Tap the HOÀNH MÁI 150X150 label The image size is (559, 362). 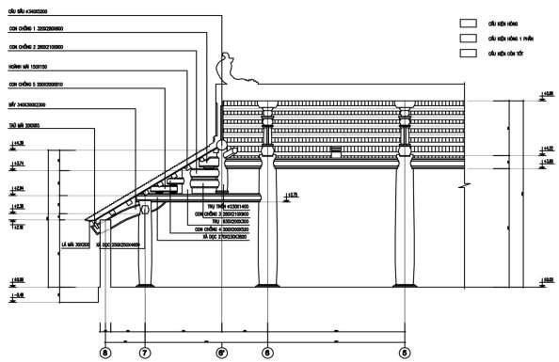(x=27, y=68)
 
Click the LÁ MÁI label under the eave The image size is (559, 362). (x=74, y=244)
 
